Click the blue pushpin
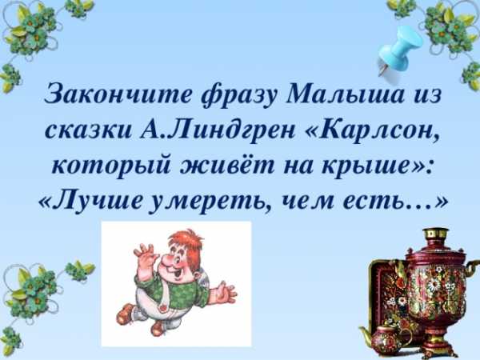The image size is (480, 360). coord(399,50)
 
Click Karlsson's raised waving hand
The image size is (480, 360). coord(146,253)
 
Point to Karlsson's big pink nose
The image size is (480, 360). coord(168,261)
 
